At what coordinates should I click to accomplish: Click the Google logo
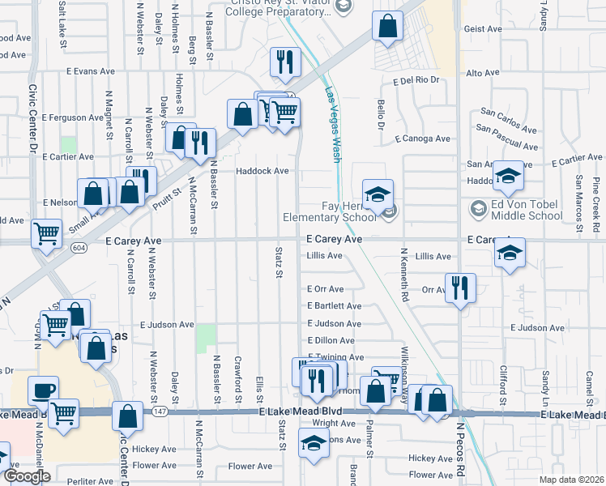click(26, 476)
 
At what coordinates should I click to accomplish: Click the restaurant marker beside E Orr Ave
click(460, 289)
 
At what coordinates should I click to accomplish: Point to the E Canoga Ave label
click(422, 139)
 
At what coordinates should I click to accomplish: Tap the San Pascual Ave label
click(506, 139)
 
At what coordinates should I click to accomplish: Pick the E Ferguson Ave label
click(74, 117)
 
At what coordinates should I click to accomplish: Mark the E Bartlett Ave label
click(334, 306)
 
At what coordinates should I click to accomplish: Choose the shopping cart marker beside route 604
click(47, 234)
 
